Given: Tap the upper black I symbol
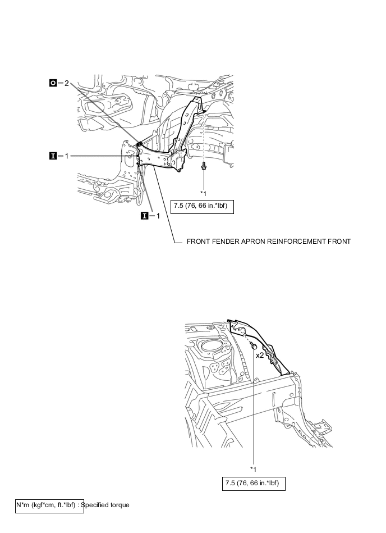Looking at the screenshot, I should (x=53, y=156).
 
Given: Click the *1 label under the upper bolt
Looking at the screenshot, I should (x=204, y=193).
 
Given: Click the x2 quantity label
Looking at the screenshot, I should (x=260, y=356).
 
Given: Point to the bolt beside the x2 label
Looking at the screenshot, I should (x=252, y=347).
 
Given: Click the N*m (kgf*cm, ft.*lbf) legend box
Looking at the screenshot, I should (x=49, y=505).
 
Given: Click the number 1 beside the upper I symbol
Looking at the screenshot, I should (x=66, y=156).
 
